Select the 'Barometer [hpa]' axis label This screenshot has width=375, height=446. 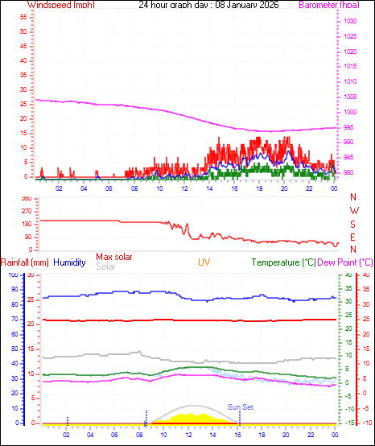click(330, 5)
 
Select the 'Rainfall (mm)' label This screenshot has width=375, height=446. click(25, 262)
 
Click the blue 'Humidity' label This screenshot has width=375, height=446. click(69, 262)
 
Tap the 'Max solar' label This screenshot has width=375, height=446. click(114, 256)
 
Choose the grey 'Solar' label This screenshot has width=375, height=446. click(105, 266)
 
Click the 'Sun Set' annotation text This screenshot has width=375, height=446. click(240, 407)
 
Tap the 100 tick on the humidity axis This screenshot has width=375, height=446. click(11, 275)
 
